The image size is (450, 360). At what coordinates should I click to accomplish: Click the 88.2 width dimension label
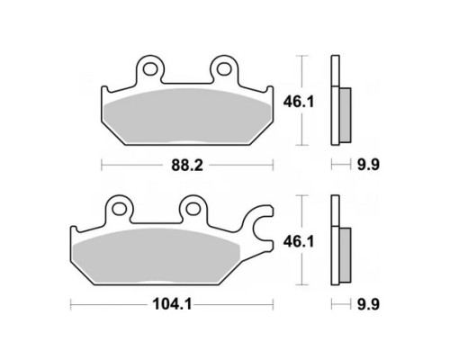(x=187, y=165)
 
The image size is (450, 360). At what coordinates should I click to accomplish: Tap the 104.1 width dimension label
(x=172, y=305)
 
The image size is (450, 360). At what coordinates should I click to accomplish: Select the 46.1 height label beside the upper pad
(x=299, y=102)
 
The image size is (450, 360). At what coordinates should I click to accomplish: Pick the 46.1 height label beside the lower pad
(x=299, y=242)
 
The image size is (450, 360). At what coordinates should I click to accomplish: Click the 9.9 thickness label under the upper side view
(x=368, y=165)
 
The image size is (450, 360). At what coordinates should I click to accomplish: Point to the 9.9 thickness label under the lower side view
(x=368, y=304)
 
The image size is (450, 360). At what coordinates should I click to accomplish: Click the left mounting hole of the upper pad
(x=149, y=69)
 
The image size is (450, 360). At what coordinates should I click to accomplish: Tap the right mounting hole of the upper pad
(x=223, y=69)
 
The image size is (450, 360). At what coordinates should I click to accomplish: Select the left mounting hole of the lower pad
(x=120, y=209)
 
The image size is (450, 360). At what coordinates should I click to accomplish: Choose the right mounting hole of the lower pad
(x=193, y=209)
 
